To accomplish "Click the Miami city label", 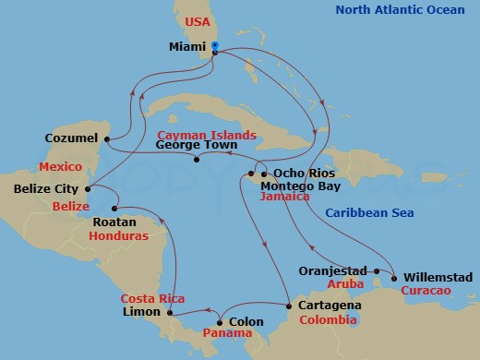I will pyautogui.click(x=188, y=46).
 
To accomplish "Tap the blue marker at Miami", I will pyautogui.click(x=214, y=45).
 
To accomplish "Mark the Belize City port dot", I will pyautogui.click(x=87, y=189).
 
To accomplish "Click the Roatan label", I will pyautogui.click(x=115, y=222).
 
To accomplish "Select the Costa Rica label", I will pyautogui.click(x=153, y=298).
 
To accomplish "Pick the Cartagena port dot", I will pyautogui.click(x=290, y=306).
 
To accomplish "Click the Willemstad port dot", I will pyautogui.click(x=394, y=277).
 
